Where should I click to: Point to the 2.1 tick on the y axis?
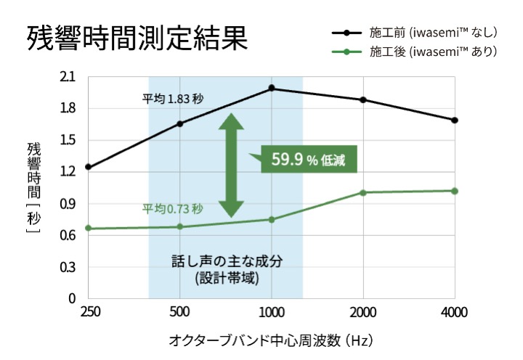coord(68,77)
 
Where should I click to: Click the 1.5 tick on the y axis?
coord(68,140)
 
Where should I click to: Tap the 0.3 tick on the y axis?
coord(68,267)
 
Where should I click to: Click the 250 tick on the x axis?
coord(89,313)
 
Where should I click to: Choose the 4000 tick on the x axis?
coord(455,313)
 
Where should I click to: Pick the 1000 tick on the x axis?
coord(271,313)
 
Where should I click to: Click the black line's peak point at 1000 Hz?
coord(272,88)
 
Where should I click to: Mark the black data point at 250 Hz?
coord(89,167)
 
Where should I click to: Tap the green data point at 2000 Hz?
coord(363,192)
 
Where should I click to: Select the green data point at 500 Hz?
coord(180,226)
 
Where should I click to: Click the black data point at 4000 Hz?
coord(455,120)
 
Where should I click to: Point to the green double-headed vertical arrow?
coord(231,165)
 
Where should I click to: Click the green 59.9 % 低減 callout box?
coord(309,160)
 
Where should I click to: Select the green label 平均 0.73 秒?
coord(172,209)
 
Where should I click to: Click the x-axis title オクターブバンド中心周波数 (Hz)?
coord(271,340)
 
